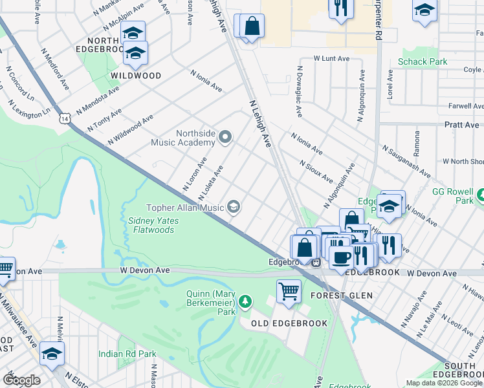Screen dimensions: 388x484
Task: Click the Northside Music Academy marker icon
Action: [x=225, y=136]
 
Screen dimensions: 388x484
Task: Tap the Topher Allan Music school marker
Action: [x=234, y=207]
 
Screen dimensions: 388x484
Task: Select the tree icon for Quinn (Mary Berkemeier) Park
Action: [x=245, y=301]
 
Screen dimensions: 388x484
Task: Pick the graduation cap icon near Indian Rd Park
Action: [x=52, y=353]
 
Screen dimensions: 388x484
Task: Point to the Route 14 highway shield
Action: [x=63, y=118]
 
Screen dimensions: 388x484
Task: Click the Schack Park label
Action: [x=422, y=62]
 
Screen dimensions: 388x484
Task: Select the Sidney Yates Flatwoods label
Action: [x=153, y=225]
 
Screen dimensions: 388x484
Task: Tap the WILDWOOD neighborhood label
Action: [x=135, y=76]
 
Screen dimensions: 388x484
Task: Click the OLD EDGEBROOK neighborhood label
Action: [x=280, y=323]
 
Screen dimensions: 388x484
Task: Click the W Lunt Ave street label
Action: [x=331, y=58]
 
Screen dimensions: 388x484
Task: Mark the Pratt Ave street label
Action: [x=461, y=124]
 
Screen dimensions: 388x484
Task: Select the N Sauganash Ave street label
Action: [x=406, y=160]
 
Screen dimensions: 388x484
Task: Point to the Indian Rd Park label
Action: [x=127, y=354]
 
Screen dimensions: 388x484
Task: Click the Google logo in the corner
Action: [x=21, y=380]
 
